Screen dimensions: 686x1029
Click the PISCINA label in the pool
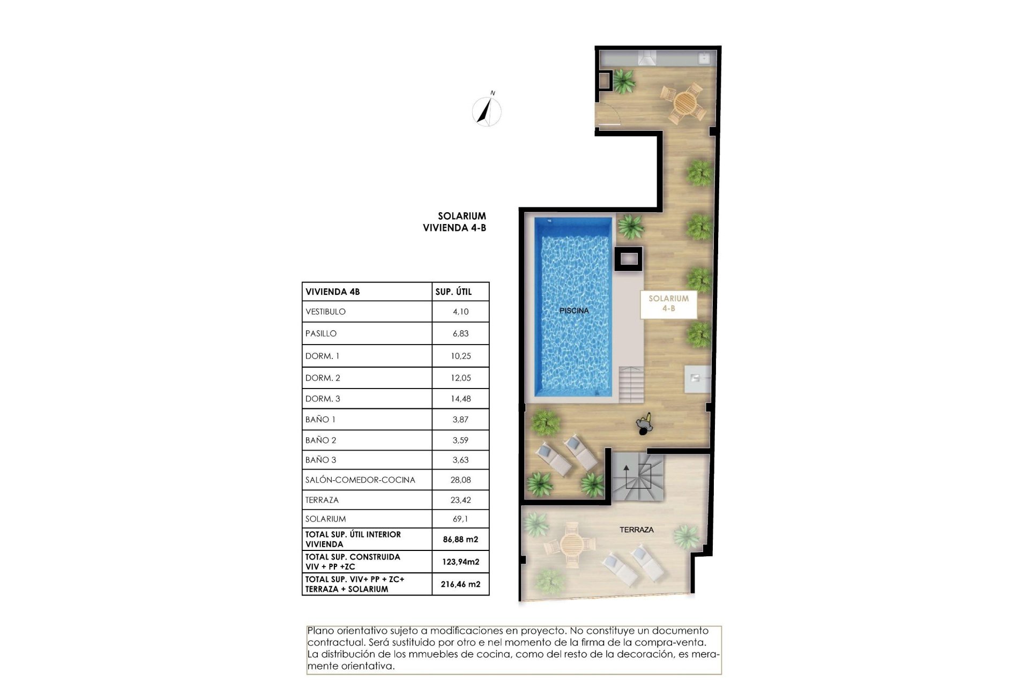click(x=574, y=310)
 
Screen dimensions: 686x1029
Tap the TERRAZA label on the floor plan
click(x=636, y=530)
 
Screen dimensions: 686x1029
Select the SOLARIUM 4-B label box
click(x=668, y=303)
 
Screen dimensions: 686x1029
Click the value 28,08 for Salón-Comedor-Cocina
click(x=460, y=480)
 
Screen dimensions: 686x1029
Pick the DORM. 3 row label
click(x=323, y=399)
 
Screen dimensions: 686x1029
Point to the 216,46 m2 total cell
click(x=460, y=584)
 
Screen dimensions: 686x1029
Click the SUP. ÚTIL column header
click(x=453, y=292)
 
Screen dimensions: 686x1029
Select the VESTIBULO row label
click(x=325, y=311)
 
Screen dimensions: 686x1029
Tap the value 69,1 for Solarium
click(x=460, y=519)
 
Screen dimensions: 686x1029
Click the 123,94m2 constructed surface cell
click(x=460, y=562)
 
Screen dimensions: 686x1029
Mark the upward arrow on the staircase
click(x=626, y=473)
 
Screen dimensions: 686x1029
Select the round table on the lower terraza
click(x=570, y=545)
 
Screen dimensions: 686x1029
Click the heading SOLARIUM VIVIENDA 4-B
click(x=454, y=222)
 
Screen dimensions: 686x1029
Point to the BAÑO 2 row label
click(x=320, y=440)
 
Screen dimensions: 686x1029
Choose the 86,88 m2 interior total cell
click(x=460, y=539)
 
